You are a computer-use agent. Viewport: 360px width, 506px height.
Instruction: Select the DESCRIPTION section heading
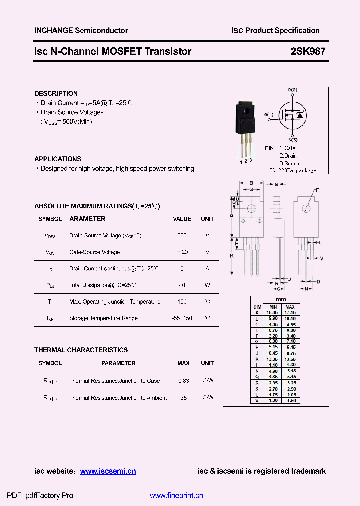pos(56,93)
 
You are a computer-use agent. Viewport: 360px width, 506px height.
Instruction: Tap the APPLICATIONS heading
pos(58,159)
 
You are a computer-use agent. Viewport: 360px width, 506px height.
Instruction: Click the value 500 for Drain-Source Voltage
pos(182,235)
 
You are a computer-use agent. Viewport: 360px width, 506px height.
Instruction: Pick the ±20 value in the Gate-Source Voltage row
pos(182,252)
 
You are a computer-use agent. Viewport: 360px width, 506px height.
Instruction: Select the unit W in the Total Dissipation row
pos(207,285)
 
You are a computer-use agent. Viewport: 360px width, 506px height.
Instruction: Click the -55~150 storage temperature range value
pos(181,318)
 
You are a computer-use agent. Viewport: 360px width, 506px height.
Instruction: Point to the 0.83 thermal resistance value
pos(183,381)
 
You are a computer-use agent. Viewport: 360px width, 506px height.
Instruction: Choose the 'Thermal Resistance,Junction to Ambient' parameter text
pos(118,398)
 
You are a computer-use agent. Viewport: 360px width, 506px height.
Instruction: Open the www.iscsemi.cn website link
pos(108,471)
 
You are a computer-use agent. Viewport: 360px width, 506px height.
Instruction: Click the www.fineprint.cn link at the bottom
pos(176,496)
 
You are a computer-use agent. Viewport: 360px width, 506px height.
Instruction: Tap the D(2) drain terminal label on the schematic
pos(292,90)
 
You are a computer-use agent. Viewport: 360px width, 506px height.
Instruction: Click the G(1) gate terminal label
pos(269,115)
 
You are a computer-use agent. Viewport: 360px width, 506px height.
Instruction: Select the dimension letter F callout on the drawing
pos(316,190)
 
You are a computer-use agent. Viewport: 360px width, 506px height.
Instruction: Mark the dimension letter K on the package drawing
pos(232,255)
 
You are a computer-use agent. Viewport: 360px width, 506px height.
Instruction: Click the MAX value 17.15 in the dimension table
pos(290,312)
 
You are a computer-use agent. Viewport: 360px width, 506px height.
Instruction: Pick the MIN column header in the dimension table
pos(272,307)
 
